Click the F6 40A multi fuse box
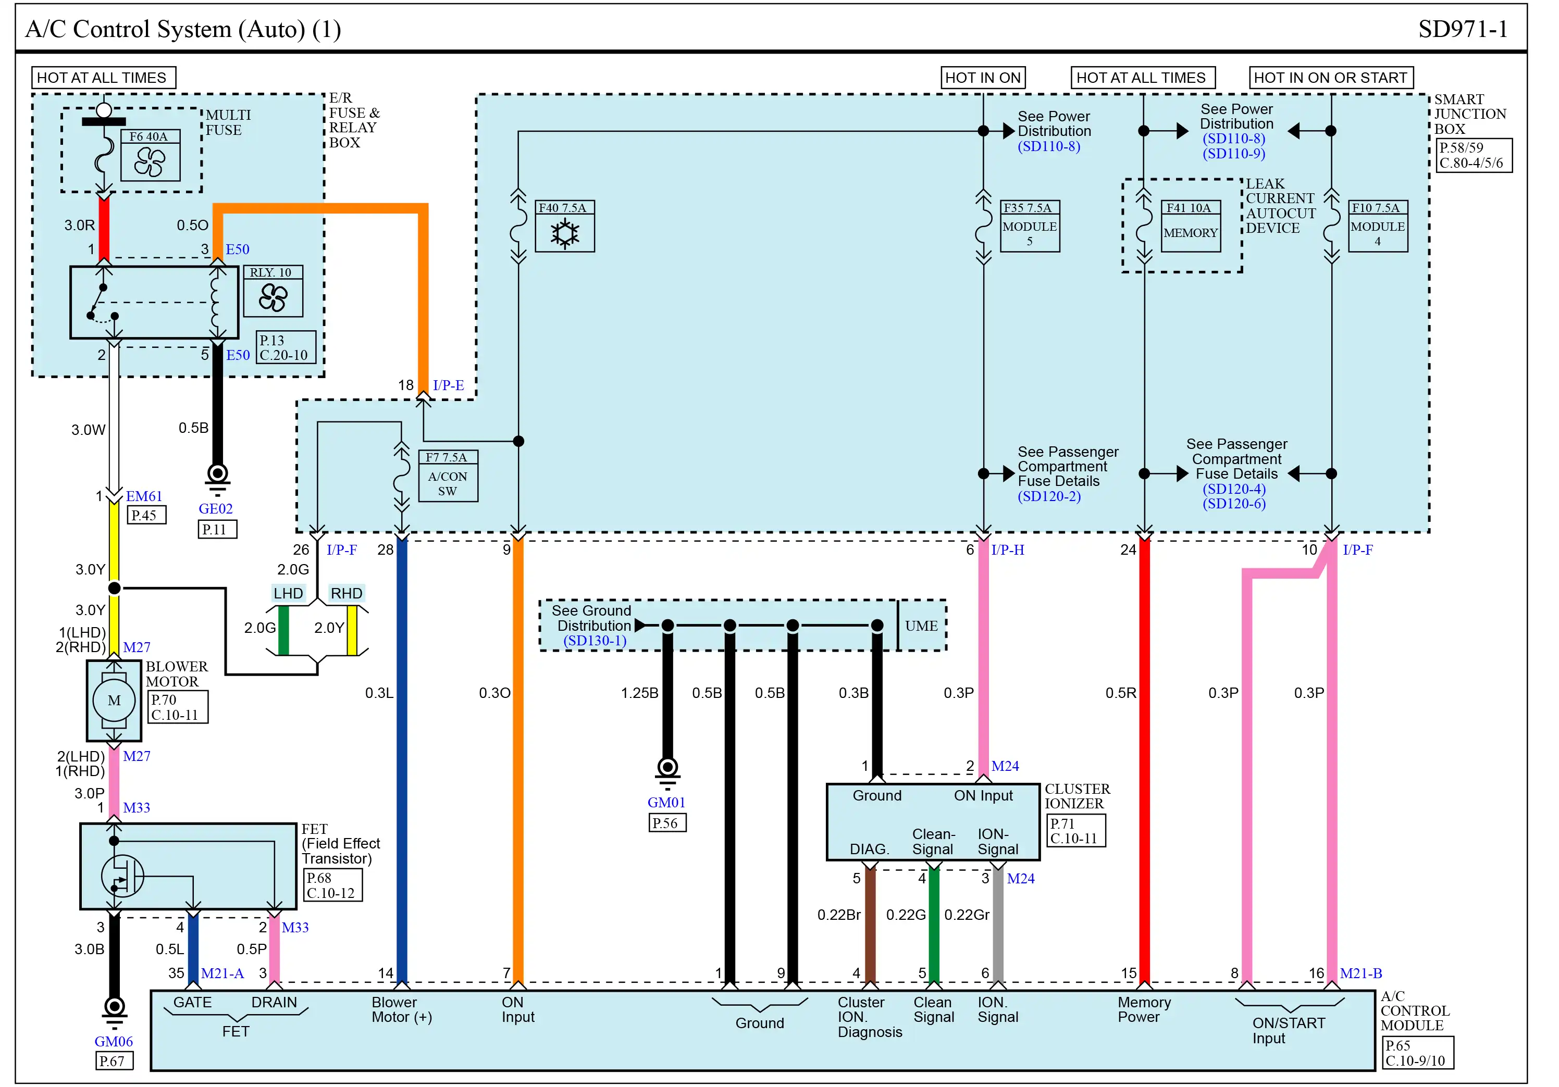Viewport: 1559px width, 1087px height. (x=151, y=155)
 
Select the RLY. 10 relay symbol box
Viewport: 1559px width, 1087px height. (x=274, y=291)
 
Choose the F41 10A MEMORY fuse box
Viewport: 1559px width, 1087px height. (x=1192, y=227)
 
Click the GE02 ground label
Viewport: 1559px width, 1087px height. (x=216, y=509)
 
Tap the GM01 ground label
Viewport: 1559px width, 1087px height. (x=667, y=803)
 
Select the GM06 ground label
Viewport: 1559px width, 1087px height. (x=114, y=1042)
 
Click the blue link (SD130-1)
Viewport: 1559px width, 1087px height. (x=596, y=641)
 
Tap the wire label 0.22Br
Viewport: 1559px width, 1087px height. (x=840, y=915)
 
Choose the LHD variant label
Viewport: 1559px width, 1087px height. (x=289, y=594)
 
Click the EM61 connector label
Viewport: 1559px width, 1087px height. (x=145, y=497)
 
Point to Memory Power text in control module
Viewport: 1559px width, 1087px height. (x=1145, y=1009)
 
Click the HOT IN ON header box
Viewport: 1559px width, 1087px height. (x=984, y=78)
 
